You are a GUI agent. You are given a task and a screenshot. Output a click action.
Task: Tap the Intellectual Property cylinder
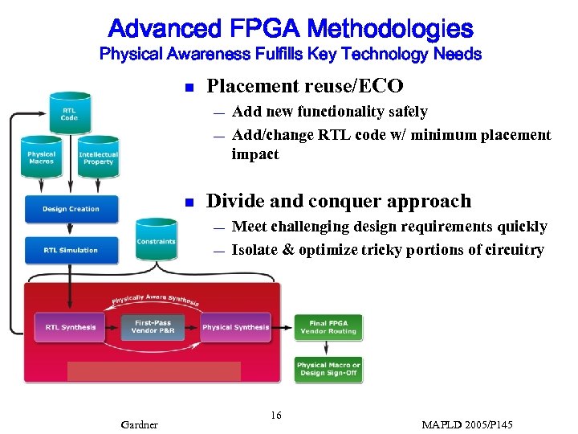point(98,157)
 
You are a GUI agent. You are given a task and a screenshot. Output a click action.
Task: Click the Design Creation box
point(71,209)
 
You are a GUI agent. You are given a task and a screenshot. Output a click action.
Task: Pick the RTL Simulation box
point(71,250)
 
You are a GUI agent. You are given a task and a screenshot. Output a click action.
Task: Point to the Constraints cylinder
point(156,240)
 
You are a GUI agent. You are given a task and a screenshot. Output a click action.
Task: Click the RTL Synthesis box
point(71,327)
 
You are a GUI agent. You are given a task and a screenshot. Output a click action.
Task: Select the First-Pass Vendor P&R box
point(153,327)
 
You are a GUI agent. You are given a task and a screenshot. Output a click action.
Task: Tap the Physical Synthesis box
point(236,327)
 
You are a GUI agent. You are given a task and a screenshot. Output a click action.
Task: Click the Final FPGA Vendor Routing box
point(329,326)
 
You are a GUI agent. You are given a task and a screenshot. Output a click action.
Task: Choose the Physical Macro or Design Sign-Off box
point(329,369)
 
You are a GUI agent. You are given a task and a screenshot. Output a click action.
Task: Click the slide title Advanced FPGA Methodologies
point(290,30)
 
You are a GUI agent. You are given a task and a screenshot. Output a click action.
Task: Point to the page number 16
point(276,416)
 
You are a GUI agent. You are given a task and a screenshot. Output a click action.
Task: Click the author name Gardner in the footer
point(139,424)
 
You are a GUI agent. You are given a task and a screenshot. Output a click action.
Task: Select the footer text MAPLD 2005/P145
point(467,424)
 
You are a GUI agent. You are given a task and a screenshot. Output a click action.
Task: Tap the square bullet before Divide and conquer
point(187,203)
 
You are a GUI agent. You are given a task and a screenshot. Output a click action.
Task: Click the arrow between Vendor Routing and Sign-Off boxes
point(328,347)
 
